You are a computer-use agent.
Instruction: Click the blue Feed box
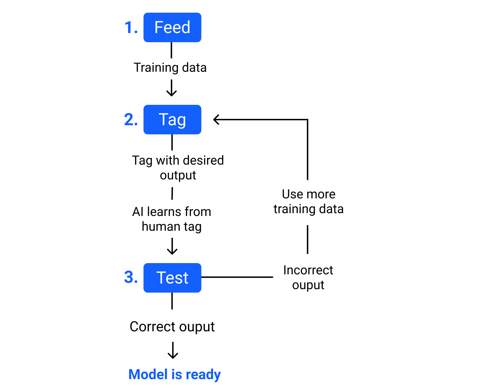(172, 27)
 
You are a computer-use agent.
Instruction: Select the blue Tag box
(172, 120)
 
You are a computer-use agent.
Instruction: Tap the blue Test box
(172, 278)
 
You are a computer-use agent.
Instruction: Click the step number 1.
(131, 27)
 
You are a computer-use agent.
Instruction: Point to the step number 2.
(131, 120)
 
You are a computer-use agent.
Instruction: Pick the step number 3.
(131, 277)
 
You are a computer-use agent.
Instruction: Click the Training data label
(170, 68)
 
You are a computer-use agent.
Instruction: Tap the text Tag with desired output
(178, 167)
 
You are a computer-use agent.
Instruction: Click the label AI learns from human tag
(172, 219)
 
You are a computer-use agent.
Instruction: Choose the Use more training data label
(308, 202)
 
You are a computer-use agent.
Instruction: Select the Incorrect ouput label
(308, 278)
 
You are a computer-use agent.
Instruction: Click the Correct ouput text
(172, 327)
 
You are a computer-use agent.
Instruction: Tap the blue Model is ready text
(174, 374)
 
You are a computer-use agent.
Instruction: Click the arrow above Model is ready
(173, 351)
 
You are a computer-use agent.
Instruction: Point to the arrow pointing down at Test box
(172, 247)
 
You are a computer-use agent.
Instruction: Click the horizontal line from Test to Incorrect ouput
(237, 277)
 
